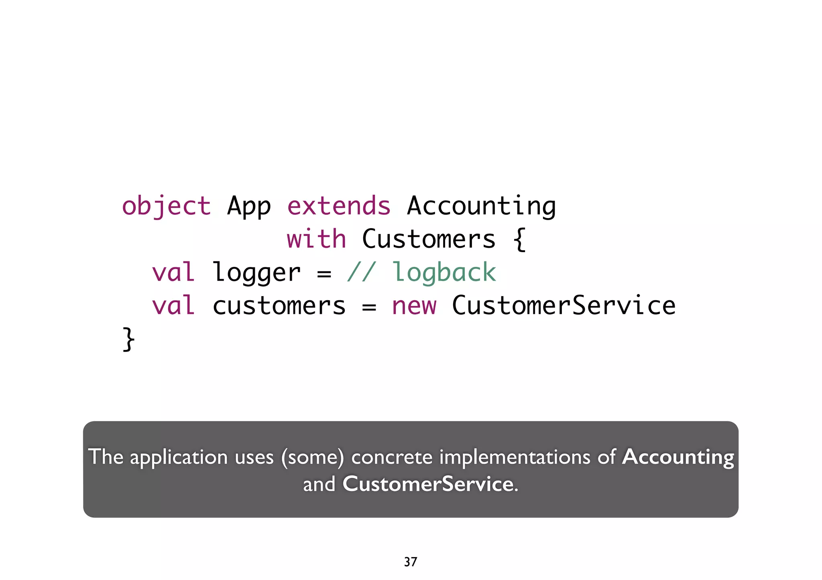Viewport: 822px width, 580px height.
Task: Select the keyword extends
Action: [339, 206]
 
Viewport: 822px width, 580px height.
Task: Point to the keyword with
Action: [316, 239]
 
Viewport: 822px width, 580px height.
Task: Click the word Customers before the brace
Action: [429, 239]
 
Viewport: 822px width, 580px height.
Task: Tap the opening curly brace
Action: [519, 239]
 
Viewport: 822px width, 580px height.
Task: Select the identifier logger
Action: [256, 273]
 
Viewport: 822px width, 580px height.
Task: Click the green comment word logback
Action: [444, 273]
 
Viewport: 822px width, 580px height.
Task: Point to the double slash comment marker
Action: [361, 273]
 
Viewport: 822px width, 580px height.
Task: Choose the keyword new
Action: [414, 306]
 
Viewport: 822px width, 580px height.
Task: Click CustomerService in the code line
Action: [564, 305]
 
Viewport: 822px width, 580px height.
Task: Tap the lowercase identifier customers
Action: [279, 306]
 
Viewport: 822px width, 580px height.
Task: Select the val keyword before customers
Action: [173, 305]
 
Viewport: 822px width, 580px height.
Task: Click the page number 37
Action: [410, 562]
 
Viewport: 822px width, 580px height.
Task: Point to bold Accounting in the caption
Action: [678, 457]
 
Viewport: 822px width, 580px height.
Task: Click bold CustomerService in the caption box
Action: [428, 484]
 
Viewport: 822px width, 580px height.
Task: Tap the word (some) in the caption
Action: [313, 457]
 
